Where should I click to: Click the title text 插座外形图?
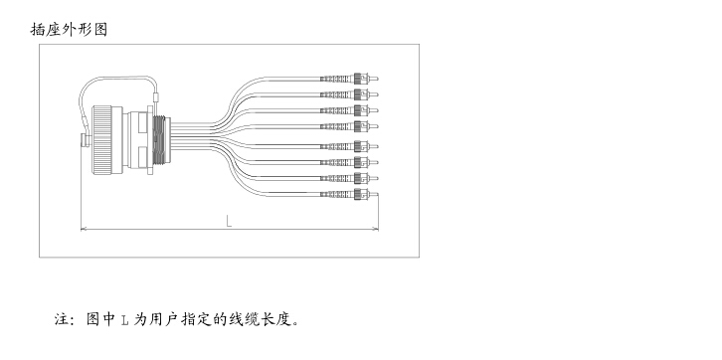(x=69, y=29)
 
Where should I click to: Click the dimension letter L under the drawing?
(x=229, y=220)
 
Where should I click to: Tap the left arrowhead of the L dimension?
(x=83, y=230)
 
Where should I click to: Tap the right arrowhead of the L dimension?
(x=375, y=230)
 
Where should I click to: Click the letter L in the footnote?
(x=124, y=320)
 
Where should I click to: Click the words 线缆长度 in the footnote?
(x=260, y=320)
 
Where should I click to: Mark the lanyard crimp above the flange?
(x=156, y=96)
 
